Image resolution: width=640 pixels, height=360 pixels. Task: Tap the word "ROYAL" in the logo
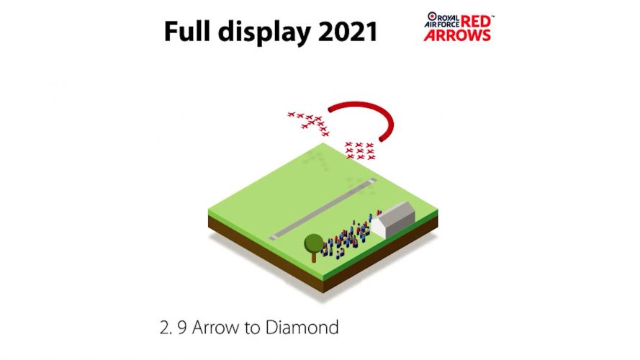(x=447, y=16)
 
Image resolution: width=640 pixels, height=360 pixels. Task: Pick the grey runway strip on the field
(x=324, y=209)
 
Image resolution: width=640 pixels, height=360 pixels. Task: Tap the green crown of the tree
(x=314, y=243)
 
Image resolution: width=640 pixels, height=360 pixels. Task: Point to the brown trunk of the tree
(x=314, y=256)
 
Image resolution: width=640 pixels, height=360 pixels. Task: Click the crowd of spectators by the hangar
(x=346, y=238)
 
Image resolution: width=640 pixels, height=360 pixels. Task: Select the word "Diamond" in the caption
(x=302, y=328)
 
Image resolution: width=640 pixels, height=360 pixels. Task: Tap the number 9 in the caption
(x=183, y=328)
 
